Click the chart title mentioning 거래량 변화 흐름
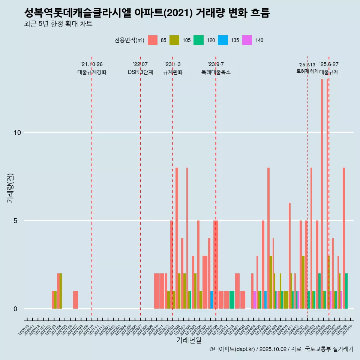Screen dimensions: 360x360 click(x=147, y=13)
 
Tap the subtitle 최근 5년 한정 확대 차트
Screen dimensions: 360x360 click(x=58, y=24)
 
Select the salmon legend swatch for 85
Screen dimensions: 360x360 click(x=153, y=40)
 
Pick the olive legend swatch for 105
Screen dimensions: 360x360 click(x=174, y=40)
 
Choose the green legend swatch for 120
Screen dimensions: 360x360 click(x=198, y=40)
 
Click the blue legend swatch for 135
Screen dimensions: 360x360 click(x=223, y=40)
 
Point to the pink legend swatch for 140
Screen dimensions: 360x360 click(x=247, y=40)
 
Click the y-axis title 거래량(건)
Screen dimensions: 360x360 click(x=10, y=187)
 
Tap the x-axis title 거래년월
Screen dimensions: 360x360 click(x=189, y=340)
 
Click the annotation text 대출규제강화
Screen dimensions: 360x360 click(x=92, y=72)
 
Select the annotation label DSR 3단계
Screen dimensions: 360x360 click(x=140, y=72)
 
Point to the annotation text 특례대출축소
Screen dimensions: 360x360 click(x=216, y=72)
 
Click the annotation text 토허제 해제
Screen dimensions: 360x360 click(x=307, y=71)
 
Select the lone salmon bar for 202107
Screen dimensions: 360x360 click(x=76, y=300)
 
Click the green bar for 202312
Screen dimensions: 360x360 click(x=232, y=300)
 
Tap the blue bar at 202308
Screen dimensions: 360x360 click(x=212, y=300)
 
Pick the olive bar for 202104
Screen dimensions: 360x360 click(x=61, y=291)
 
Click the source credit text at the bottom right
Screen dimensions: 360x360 click(x=281, y=349)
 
